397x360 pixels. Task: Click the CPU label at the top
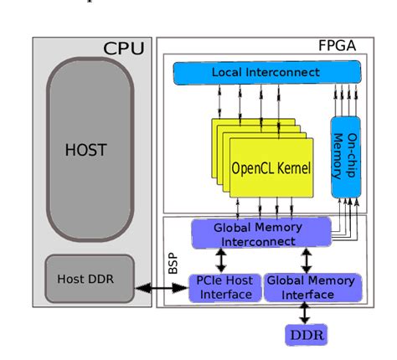click(x=123, y=48)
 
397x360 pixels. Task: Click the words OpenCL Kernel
click(x=271, y=168)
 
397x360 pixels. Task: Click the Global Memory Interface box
click(x=310, y=287)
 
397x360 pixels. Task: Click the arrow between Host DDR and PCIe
click(x=161, y=288)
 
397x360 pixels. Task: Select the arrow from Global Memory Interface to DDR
click(x=307, y=312)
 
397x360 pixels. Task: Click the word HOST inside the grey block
click(x=87, y=151)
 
